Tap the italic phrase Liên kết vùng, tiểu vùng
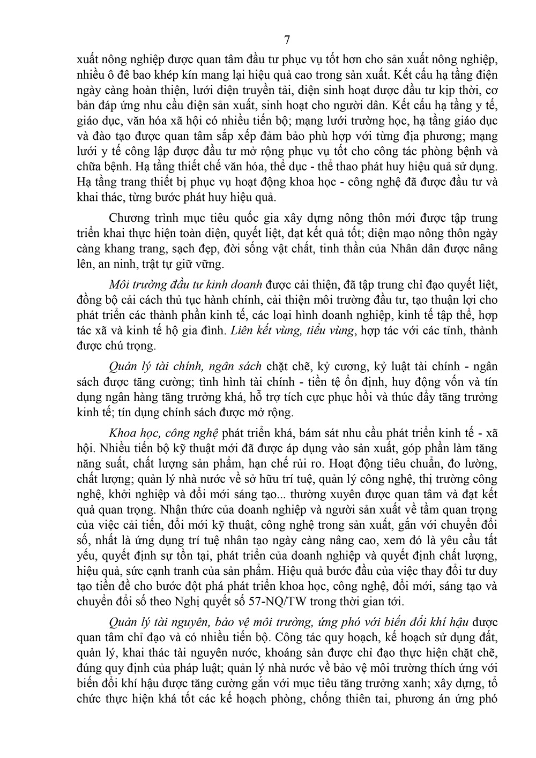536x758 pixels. [x=292, y=330]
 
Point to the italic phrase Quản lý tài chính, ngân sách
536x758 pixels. [x=185, y=366]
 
